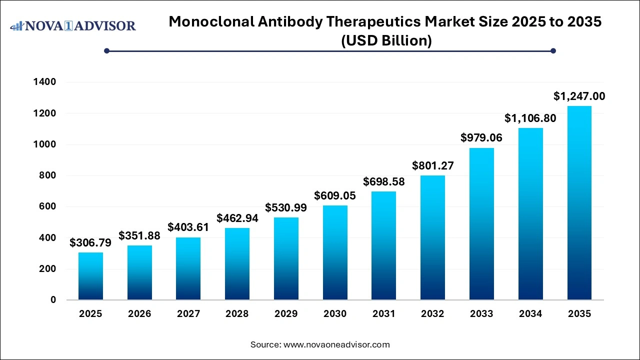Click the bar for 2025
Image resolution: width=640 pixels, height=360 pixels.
click(x=90, y=276)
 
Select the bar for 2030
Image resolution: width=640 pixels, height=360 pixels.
click(x=335, y=252)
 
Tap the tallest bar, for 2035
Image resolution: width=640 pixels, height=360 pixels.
click(x=579, y=203)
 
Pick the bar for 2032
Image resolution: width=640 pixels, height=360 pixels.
click(x=432, y=237)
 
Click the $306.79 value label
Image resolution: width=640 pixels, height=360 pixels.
click(x=90, y=243)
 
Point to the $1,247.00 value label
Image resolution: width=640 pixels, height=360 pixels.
click(x=579, y=96)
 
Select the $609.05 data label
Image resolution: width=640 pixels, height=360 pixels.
click(x=335, y=195)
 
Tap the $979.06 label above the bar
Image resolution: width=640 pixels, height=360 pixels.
click(x=481, y=137)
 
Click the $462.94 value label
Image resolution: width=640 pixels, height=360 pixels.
click(x=237, y=218)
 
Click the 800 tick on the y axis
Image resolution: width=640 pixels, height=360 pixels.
click(x=48, y=175)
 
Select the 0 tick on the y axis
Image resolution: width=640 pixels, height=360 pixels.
click(x=53, y=300)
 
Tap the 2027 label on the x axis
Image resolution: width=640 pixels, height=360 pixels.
click(x=188, y=314)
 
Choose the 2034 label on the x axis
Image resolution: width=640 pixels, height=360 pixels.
click(x=530, y=314)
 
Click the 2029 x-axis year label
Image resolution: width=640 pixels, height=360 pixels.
click(x=286, y=314)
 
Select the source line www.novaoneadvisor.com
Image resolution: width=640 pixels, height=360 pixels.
click(x=320, y=344)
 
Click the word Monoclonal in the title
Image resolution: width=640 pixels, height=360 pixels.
click(x=208, y=21)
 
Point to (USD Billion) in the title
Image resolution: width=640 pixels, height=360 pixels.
click(x=386, y=40)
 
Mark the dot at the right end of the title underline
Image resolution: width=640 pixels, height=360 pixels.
click(x=553, y=50)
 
